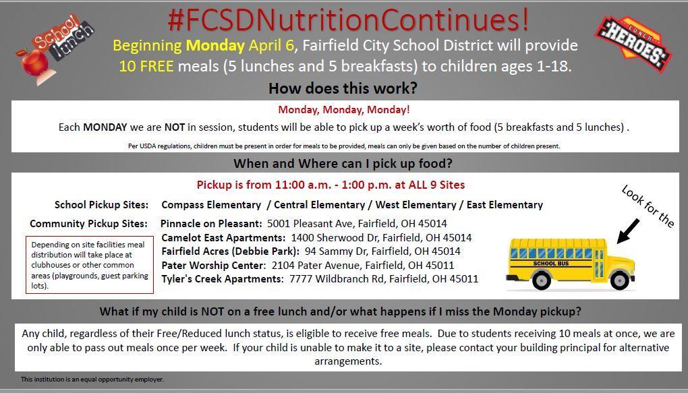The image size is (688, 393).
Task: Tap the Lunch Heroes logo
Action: coord(633,43)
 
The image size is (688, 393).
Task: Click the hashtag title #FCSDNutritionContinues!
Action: coord(349,21)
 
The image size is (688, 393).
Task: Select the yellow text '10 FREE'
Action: coord(146,66)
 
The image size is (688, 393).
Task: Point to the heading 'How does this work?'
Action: coord(343,88)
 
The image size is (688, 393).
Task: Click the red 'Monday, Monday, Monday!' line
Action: coord(344,110)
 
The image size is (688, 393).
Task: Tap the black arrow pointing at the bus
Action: coord(628,231)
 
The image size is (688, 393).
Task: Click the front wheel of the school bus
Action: coord(620,280)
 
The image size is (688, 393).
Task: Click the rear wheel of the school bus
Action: coord(542,280)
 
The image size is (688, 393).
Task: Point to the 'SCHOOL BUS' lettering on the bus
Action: coord(550,264)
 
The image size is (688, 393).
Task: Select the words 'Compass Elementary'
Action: coord(211,205)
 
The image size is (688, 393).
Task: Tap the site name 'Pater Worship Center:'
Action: coord(214,266)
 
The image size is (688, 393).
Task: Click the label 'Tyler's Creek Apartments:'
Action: coord(223,279)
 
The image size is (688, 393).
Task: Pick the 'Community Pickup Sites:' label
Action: coord(88,224)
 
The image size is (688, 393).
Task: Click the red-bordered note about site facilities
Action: coord(90,265)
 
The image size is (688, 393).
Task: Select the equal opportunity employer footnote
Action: coord(92,380)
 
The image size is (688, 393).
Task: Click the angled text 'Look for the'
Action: coord(648,206)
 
